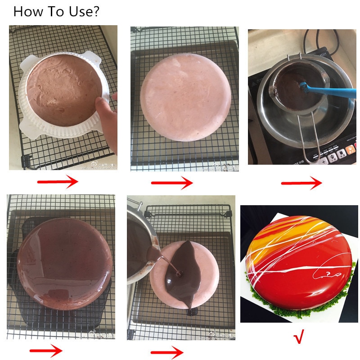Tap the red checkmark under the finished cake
(299, 336)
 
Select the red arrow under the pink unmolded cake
(172, 183)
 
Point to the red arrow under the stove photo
(301, 183)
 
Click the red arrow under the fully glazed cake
(46, 351)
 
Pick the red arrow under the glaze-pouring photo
(167, 352)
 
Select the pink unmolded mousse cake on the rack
(184, 97)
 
